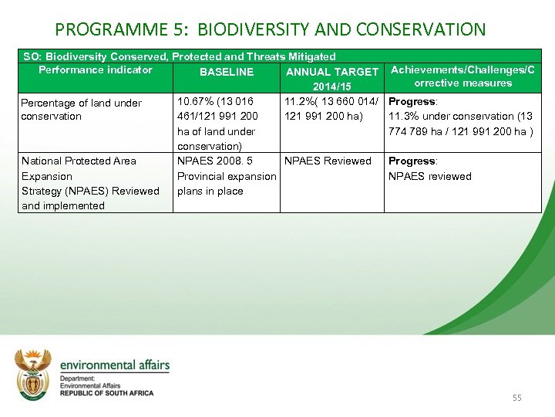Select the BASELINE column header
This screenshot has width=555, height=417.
(x=226, y=72)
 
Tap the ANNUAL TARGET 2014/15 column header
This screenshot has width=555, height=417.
(x=331, y=78)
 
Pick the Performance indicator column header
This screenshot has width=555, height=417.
(x=96, y=70)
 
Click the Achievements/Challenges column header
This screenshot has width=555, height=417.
(x=462, y=76)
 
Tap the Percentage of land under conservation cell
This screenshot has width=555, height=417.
(x=81, y=110)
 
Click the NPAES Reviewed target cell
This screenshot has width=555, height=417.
(x=328, y=161)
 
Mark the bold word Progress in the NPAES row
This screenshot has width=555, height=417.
(x=411, y=161)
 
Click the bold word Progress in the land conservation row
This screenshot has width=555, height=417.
(x=411, y=102)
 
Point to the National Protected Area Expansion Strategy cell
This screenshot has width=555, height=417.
(x=90, y=183)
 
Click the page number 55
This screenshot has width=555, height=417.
(x=516, y=398)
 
